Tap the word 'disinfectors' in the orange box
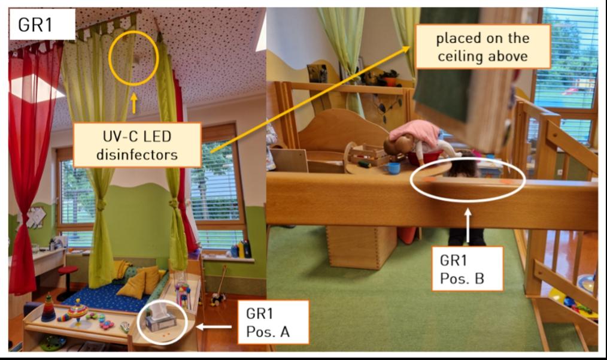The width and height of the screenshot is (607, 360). [x=137, y=155]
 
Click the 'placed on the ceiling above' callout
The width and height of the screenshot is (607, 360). [x=482, y=47]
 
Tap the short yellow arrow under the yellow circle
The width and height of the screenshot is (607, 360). [x=134, y=102]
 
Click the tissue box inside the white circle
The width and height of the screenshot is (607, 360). [x=161, y=320]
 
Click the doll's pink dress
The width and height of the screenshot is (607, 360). [x=413, y=132]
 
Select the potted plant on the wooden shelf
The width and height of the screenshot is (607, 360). [x=390, y=77]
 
